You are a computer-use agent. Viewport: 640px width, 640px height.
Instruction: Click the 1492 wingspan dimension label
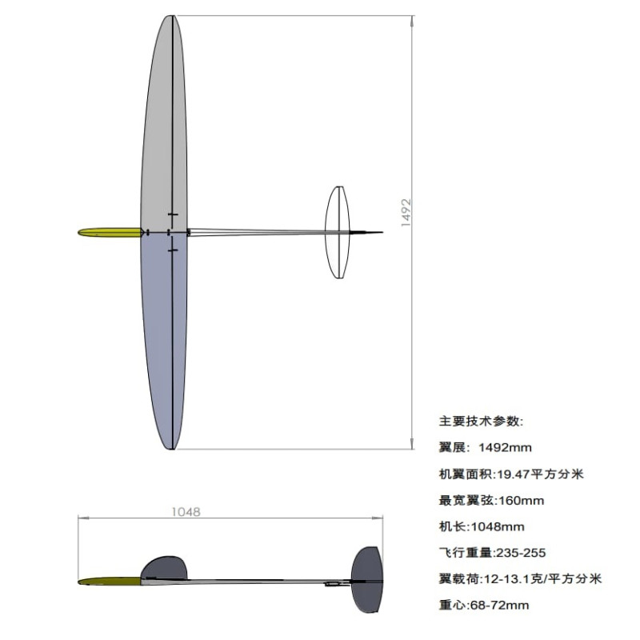tap(406, 213)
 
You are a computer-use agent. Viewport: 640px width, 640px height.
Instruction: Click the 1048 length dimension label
tap(186, 512)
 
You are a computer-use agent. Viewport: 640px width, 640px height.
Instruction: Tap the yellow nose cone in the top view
tap(110, 232)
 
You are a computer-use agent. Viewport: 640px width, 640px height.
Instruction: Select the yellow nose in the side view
tap(110, 581)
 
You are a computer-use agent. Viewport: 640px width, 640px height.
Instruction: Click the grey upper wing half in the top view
tap(164, 122)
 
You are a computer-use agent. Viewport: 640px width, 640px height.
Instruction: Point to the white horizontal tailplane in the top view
tap(337, 232)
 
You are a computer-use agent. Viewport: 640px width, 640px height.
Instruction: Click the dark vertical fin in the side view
tap(367, 579)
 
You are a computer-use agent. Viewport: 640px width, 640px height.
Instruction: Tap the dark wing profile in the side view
tap(164, 567)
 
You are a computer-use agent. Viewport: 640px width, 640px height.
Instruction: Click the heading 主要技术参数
tap(481, 422)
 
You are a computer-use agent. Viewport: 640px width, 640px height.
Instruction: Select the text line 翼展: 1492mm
tap(486, 447)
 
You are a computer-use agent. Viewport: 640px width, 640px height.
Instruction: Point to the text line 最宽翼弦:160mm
tap(491, 501)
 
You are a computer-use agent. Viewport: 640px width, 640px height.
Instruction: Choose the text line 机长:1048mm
tap(482, 526)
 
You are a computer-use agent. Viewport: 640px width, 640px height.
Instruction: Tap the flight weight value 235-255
tap(521, 553)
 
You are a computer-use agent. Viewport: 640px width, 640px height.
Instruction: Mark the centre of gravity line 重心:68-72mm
tap(484, 605)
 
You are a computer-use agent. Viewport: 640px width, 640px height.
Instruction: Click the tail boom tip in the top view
tap(382, 232)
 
